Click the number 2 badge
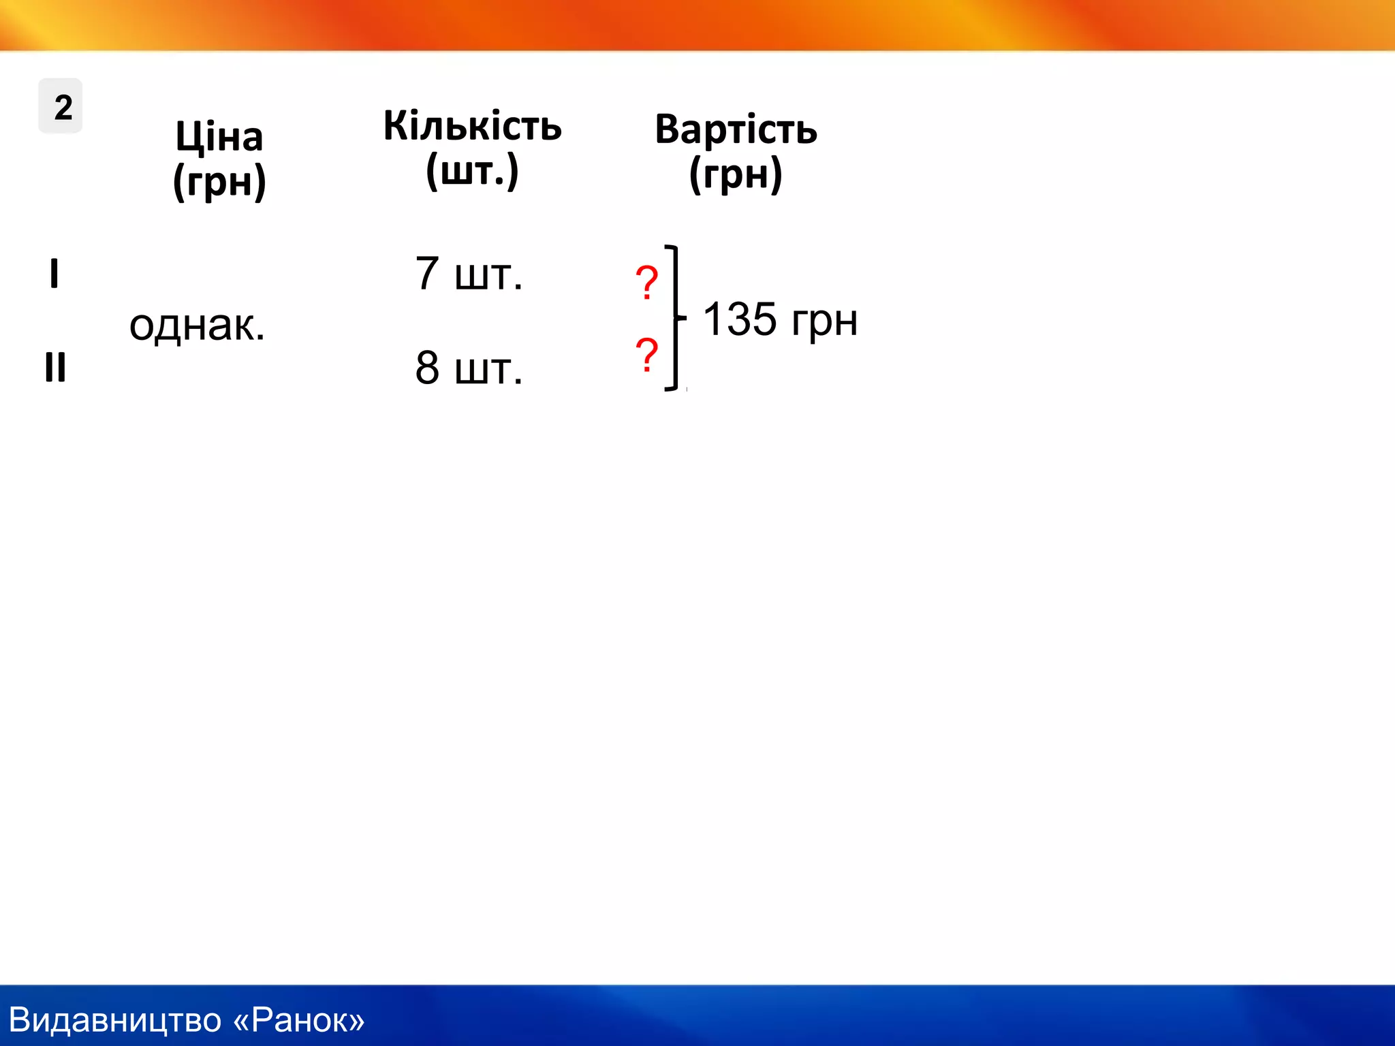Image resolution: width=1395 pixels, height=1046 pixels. (x=61, y=107)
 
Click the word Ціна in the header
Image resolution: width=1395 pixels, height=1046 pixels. (x=219, y=137)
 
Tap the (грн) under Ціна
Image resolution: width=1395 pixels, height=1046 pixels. (x=219, y=181)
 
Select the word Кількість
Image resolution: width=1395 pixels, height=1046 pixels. (x=472, y=126)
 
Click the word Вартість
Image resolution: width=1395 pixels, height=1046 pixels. (x=736, y=129)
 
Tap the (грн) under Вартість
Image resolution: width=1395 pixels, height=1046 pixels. (x=736, y=174)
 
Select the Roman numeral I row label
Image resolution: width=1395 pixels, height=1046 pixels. (x=54, y=274)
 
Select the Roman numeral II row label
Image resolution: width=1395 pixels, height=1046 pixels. (x=55, y=367)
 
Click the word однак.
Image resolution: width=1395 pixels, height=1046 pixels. (x=197, y=326)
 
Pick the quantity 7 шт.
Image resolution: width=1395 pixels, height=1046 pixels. (x=469, y=274)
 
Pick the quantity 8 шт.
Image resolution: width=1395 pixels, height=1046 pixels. (x=469, y=368)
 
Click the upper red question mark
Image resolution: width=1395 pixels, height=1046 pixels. (x=646, y=282)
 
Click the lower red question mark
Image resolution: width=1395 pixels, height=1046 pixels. (x=646, y=354)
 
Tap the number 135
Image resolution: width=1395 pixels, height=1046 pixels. (x=740, y=319)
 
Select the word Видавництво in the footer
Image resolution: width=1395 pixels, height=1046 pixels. (x=115, y=1020)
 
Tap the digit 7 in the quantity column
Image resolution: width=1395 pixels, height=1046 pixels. (x=427, y=273)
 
